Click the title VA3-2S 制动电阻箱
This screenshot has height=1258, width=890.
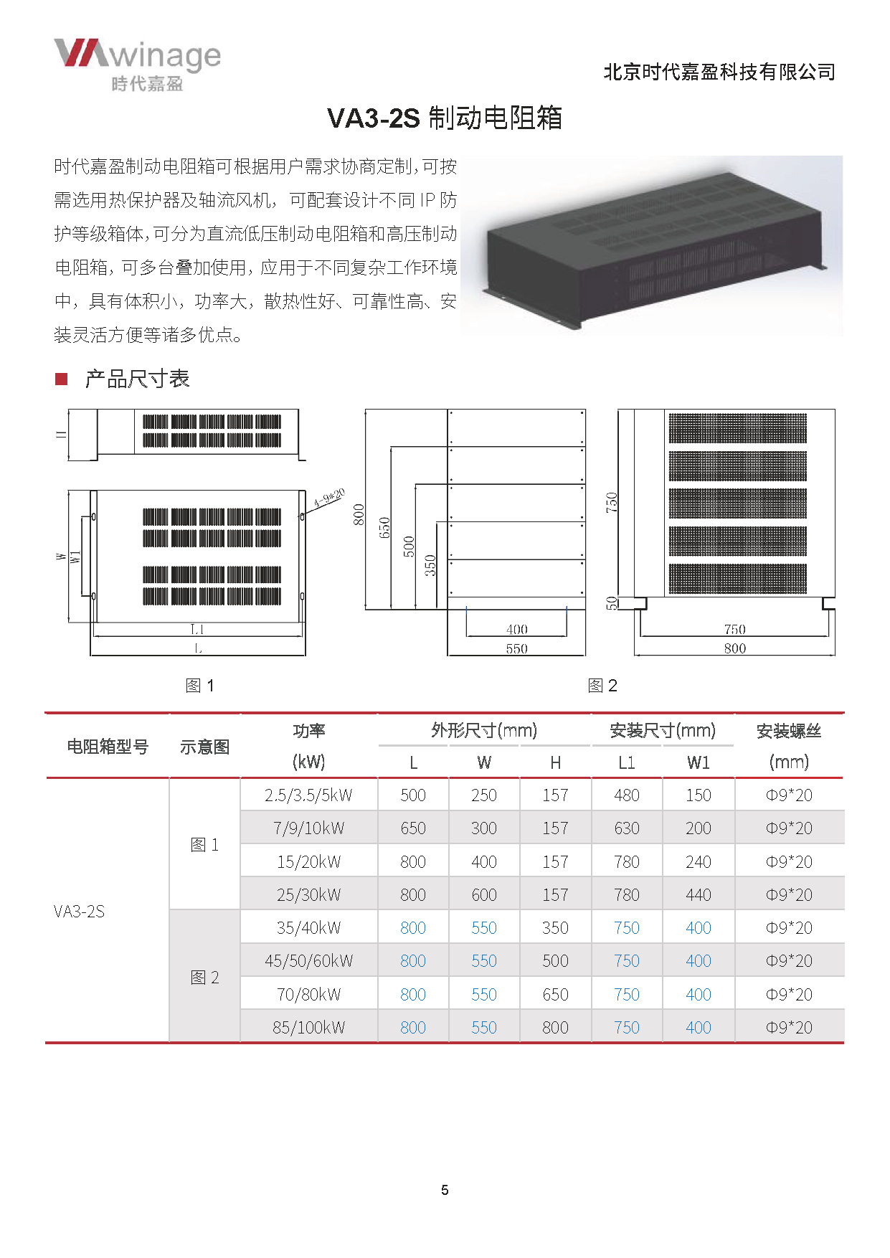pyautogui.click(x=444, y=118)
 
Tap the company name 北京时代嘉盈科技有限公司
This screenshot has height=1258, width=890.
pyautogui.click(x=719, y=72)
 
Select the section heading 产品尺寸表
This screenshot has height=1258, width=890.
pyautogui.click(x=136, y=379)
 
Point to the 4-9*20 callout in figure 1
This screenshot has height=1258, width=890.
pyautogui.click(x=329, y=498)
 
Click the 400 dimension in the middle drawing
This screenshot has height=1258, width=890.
pyautogui.click(x=516, y=629)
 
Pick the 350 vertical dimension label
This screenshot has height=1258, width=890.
pyautogui.click(x=430, y=566)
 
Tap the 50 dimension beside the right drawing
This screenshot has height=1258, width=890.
pyautogui.click(x=612, y=603)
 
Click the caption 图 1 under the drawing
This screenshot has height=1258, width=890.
pyautogui.click(x=199, y=686)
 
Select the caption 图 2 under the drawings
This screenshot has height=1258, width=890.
pyautogui.click(x=602, y=686)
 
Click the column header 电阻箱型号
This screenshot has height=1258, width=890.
pyautogui.click(x=108, y=747)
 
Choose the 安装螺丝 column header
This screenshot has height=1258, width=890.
pyautogui.click(x=789, y=731)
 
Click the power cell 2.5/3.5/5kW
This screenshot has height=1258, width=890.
pyautogui.click(x=308, y=795)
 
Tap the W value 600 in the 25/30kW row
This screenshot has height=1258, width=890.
pyautogui.click(x=484, y=894)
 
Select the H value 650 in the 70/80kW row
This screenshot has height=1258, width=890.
pyautogui.click(x=555, y=994)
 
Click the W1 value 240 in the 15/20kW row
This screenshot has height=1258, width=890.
pyautogui.click(x=698, y=861)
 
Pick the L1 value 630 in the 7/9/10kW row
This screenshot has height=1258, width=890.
pyautogui.click(x=626, y=828)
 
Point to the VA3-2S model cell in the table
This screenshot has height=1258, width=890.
pyautogui.click(x=79, y=911)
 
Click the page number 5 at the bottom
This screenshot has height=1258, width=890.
pyautogui.click(x=445, y=1190)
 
